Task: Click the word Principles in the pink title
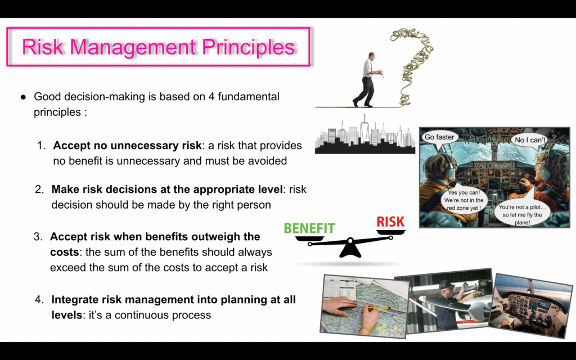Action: pyautogui.click(x=249, y=47)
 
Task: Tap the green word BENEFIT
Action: pyautogui.click(x=309, y=228)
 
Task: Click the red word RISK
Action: pyautogui.click(x=390, y=222)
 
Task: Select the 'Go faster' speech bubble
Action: pyautogui.click(x=439, y=138)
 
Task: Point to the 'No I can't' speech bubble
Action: pyautogui.click(x=530, y=141)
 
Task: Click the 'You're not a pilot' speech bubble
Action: pyautogui.click(x=522, y=214)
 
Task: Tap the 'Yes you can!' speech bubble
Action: pyautogui.click(x=463, y=201)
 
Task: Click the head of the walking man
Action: pyautogui.click(x=372, y=56)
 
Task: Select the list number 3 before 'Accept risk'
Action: pyautogui.click(x=38, y=237)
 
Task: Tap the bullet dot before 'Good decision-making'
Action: pyautogui.click(x=24, y=97)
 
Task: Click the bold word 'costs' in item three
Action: pyautogui.click(x=65, y=253)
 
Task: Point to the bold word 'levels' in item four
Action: pyautogui.click(x=67, y=315)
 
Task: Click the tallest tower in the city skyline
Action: pyautogui.click(x=364, y=130)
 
